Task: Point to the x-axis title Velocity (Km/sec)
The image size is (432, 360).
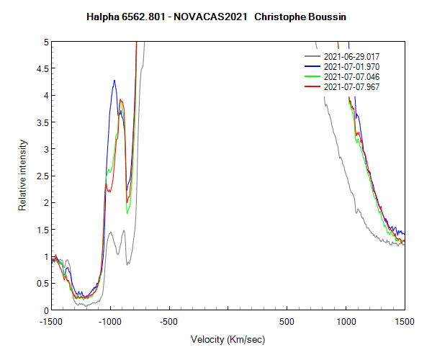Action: (x=228, y=339)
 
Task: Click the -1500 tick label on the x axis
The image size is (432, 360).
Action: (x=51, y=320)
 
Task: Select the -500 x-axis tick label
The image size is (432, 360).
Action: (x=169, y=320)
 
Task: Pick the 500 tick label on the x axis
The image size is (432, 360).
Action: (x=287, y=320)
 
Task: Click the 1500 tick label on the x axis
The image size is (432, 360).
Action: (x=405, y=320)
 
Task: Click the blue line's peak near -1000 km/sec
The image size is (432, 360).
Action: (x=114, y=80)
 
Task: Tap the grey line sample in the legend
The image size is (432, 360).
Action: (x=312, y=55)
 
